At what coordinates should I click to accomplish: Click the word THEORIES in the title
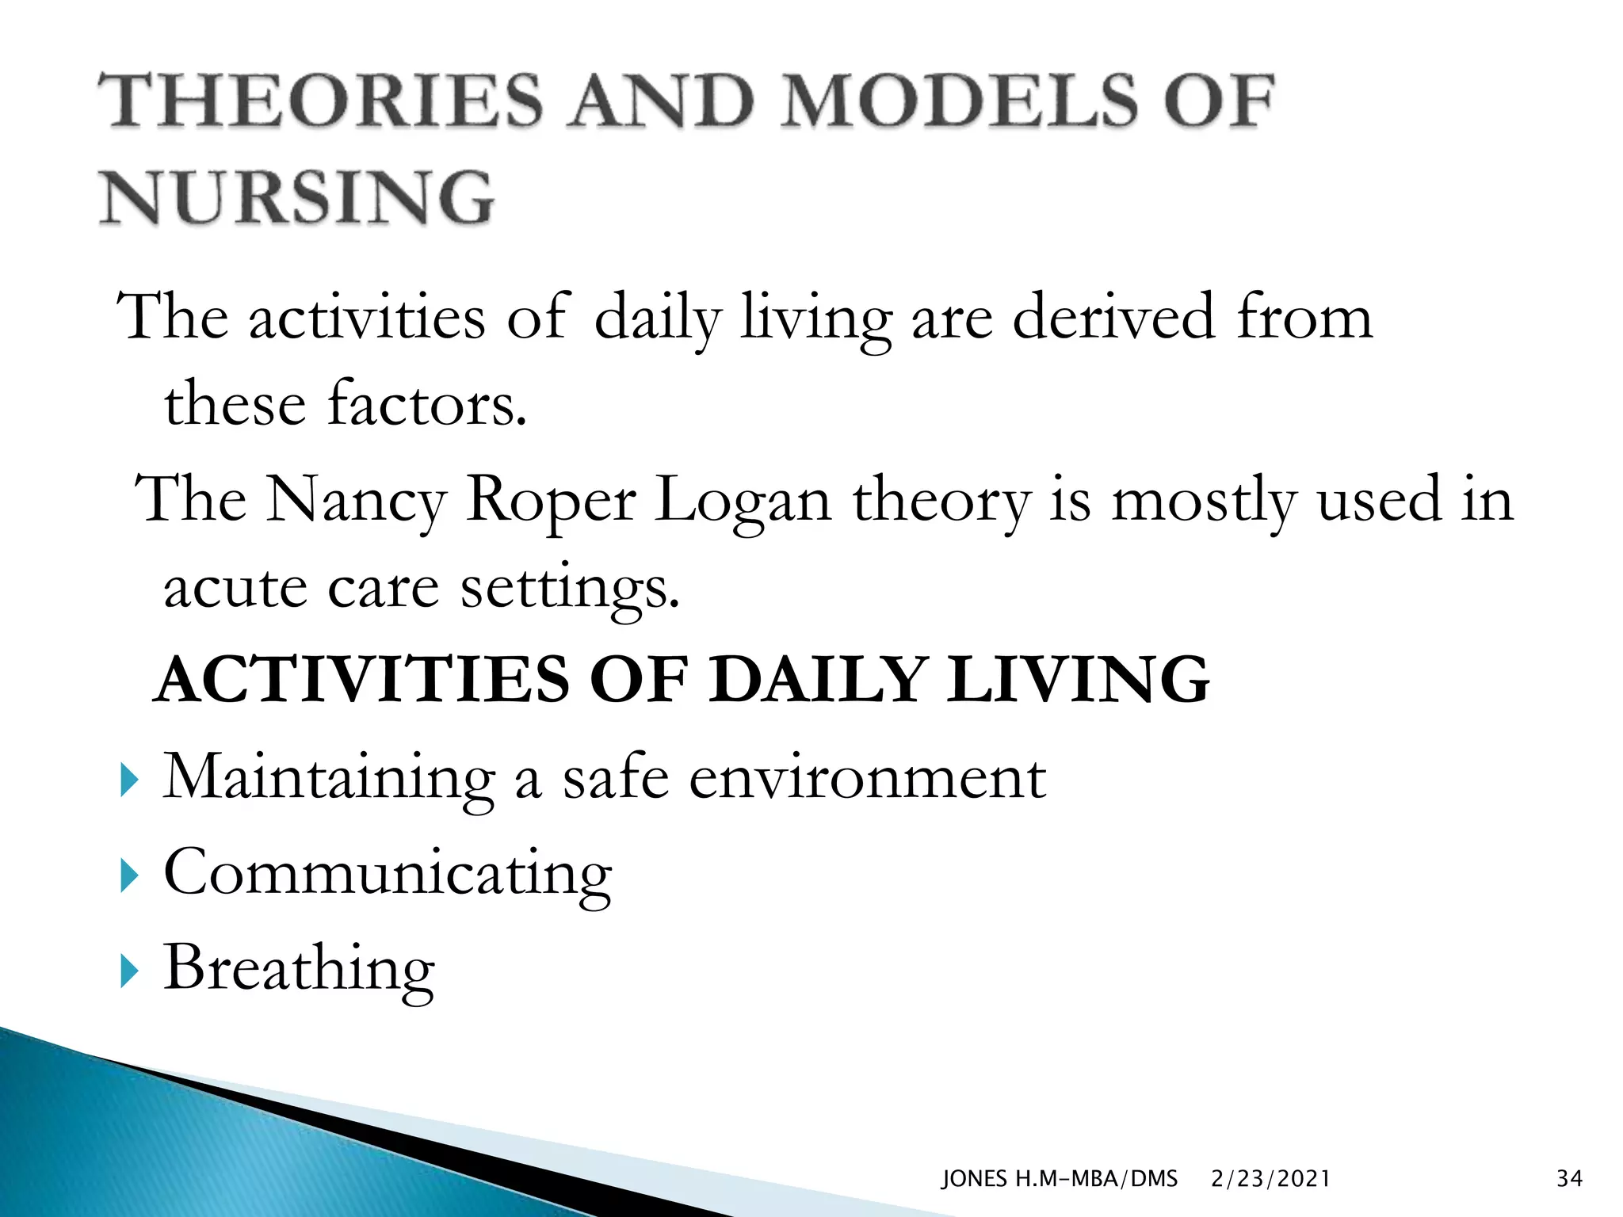[x=321, y=101]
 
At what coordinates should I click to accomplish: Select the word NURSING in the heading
[x=297, y=197]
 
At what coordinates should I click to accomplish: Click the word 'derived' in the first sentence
[x=1113, y=317]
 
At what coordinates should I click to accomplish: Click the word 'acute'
[x=235, y=588]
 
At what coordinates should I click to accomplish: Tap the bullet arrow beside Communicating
[x=129, y=876]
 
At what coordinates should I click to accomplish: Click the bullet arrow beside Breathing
[x=129, y=971]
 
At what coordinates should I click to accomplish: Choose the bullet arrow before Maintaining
[x=129, y=780]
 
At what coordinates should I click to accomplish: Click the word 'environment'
[x=867, y=778]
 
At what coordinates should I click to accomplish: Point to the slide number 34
[x=1569, y=1179]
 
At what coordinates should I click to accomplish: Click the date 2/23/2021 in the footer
[x=1270, y=1179]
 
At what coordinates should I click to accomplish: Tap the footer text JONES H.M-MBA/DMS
[x=1059, y=1179]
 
